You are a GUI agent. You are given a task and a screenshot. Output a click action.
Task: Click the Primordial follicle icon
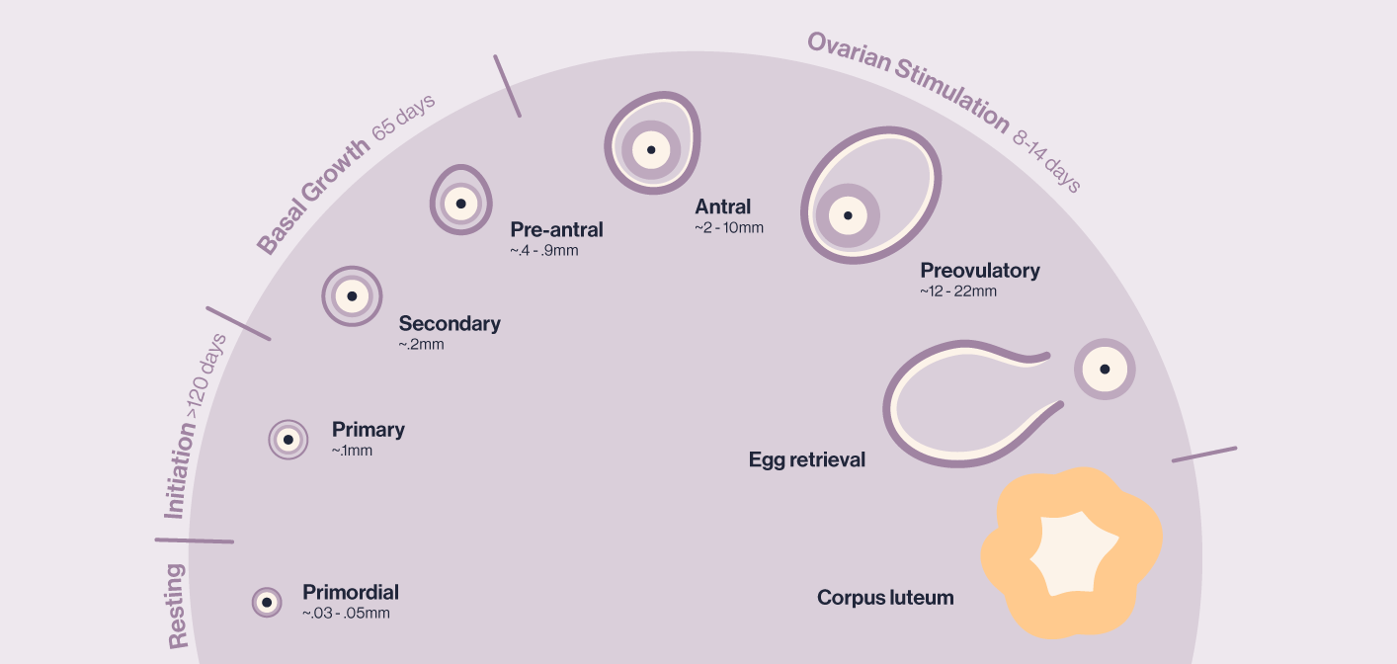[x=267, y=602]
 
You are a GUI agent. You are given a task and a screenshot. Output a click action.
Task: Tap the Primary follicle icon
[x=288, y=439]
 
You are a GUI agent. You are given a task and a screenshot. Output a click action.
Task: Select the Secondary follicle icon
[x=352, y=295]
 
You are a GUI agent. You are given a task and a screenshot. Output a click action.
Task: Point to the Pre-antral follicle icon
[x=460, y=201]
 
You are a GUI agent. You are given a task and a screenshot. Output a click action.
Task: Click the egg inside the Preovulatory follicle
[x=847, y=215]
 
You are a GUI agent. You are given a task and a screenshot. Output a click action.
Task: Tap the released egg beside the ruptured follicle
[x=1105, y=370]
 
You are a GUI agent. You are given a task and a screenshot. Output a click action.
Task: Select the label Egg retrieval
[x=806, y=459]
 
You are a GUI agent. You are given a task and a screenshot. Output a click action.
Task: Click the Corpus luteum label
[x=885, y=598]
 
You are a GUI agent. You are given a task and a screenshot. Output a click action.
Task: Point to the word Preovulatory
[x=980, y=270]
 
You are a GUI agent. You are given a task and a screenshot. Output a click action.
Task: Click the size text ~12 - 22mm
[x=957, y=291]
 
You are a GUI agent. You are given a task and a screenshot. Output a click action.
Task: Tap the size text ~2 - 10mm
[x=729, y=228]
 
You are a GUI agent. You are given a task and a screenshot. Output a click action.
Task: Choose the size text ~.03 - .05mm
[x=346, y=614]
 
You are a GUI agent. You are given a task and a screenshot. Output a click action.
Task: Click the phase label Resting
[x=178, y=606]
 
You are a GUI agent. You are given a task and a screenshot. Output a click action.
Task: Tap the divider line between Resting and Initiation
[x=195, y=540]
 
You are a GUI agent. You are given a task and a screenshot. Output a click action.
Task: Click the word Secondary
[x=450, y=323]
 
